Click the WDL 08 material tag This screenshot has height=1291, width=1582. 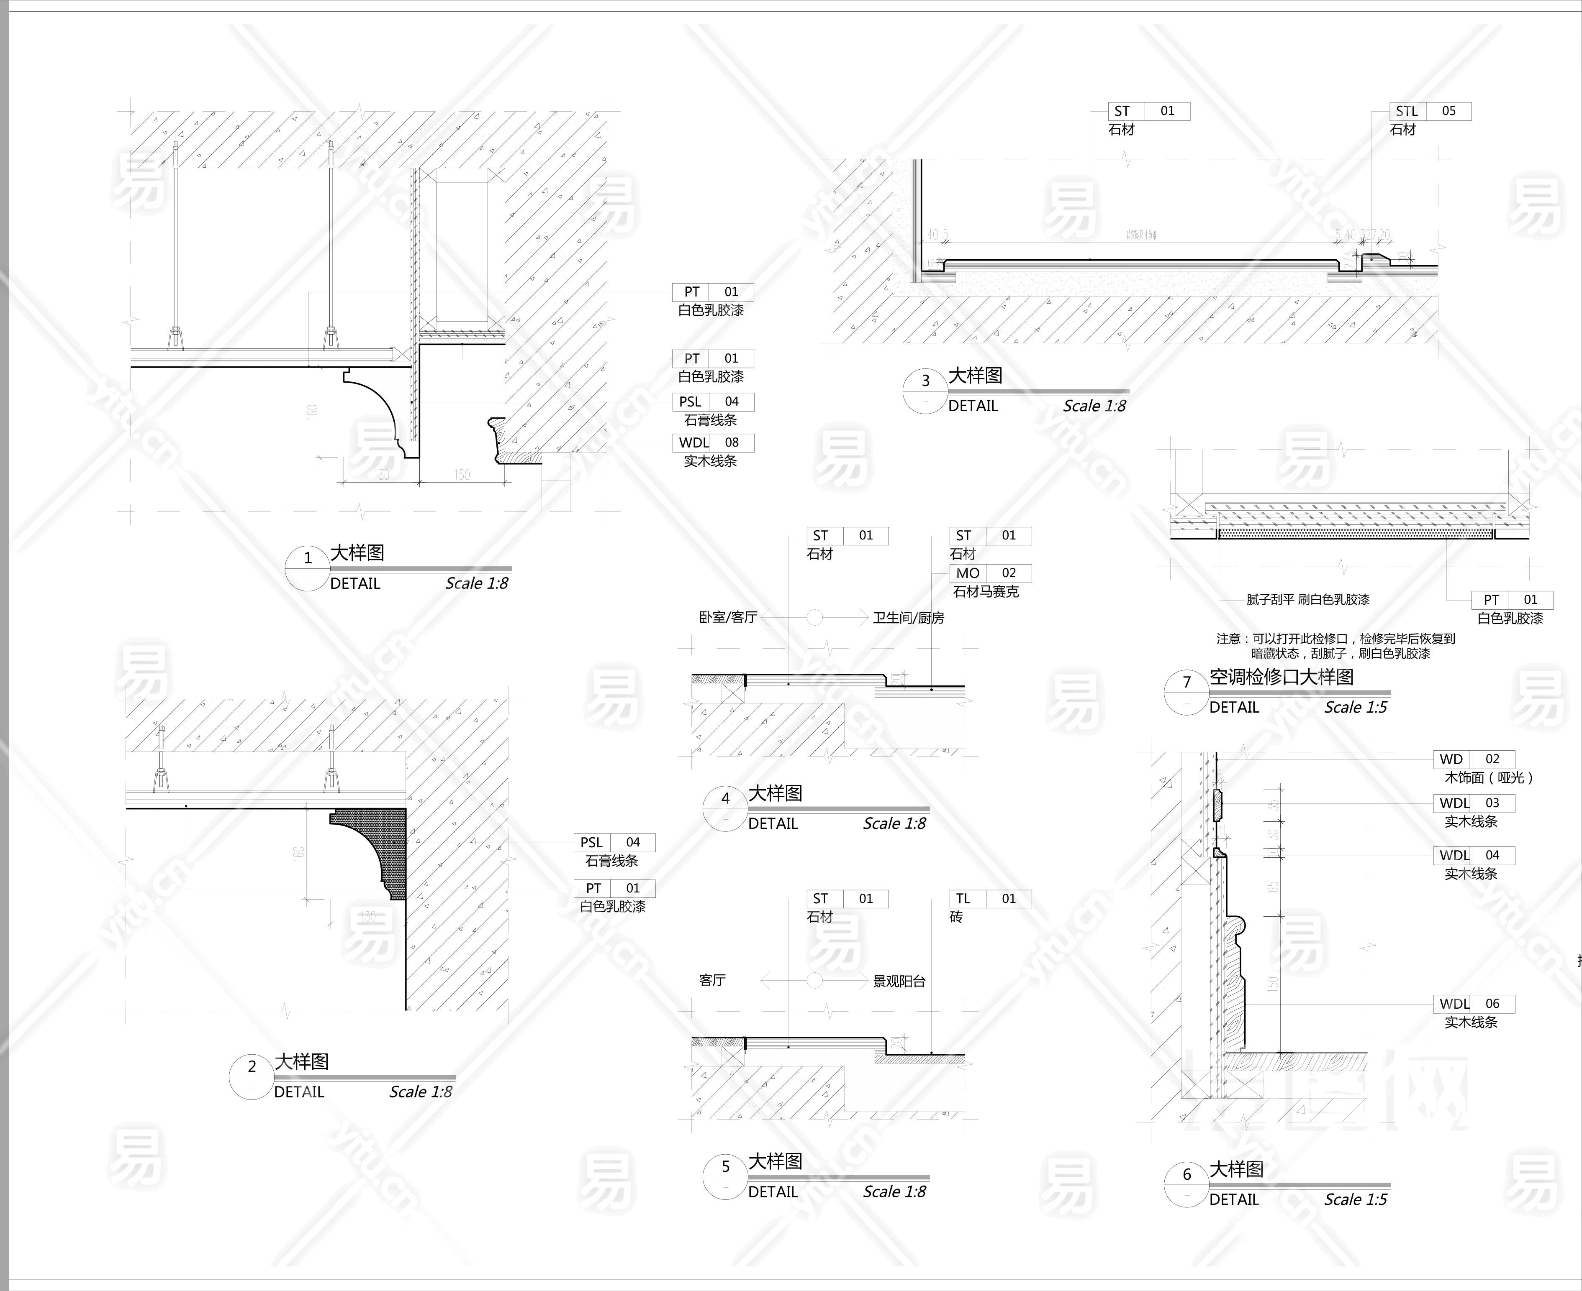click(x=713, y=442)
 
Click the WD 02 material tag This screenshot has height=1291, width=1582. click(x=1473, y=759)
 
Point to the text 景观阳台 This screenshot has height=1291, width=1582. click(x=899, y=982)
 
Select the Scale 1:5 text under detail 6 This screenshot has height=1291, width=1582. click(x=1355, y=1199)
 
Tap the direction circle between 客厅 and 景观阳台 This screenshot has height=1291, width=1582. click(x=815, y=981)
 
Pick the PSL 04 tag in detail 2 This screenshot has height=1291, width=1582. click(x=614, y=843)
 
